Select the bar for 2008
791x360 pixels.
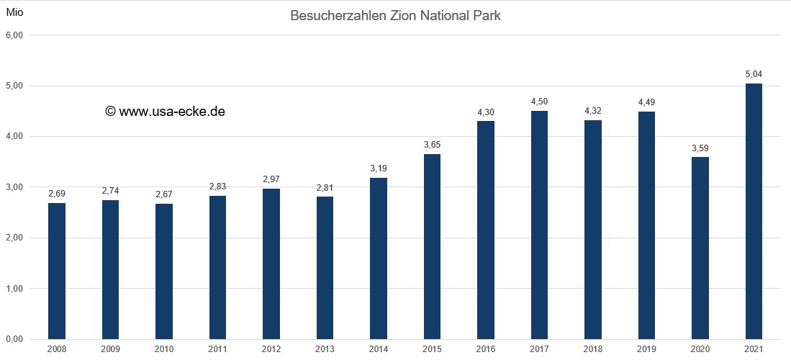point(57,271)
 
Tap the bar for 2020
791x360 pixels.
point(700,248)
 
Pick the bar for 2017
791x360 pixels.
point(539,225)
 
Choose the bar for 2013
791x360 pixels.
point(325,267)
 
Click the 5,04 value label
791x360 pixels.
point(754,73)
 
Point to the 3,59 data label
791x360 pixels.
point(700,148)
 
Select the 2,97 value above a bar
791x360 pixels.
point(271,179)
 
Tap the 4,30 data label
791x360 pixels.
point(486,112)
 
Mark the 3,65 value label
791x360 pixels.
point(432,144)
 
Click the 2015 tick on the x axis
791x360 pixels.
point(432,349)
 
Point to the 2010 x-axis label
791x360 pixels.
point(164,349)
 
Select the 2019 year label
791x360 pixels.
point(646,349)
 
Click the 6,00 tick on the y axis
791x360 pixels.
point(15,35)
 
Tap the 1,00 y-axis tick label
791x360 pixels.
point(15,289)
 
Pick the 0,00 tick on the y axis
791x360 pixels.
point(15,339)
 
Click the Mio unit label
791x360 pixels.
point(15,12)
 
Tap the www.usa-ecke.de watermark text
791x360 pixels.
point(172,112)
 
